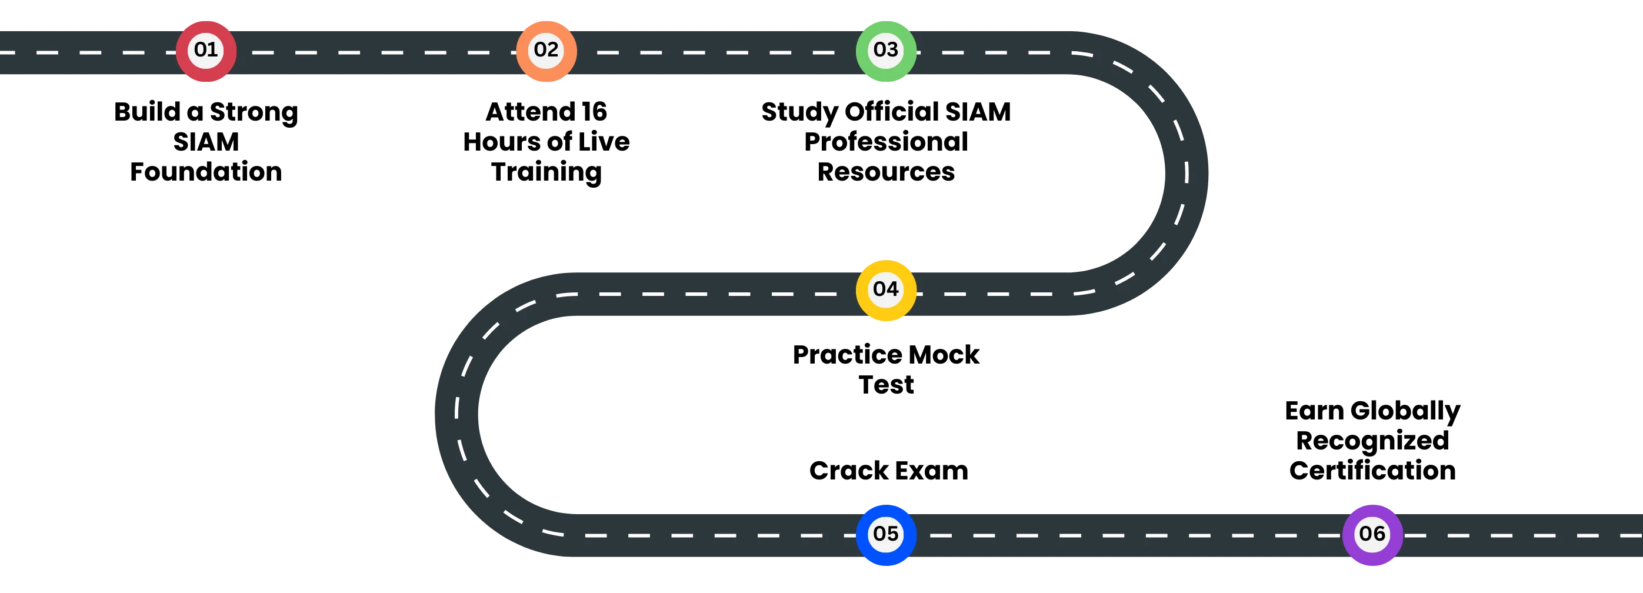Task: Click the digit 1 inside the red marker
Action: click(x=213, y=50)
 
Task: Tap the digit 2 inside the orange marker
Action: click(x=553, y=50)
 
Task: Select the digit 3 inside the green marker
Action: click(x=892, y=50)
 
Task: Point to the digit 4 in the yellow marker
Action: click(x=892, y=289)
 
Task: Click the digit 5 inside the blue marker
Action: click(x=892, y=534)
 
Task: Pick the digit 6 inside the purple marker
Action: click(x=1379, y=534)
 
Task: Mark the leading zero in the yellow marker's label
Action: click(x=879, y=289)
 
